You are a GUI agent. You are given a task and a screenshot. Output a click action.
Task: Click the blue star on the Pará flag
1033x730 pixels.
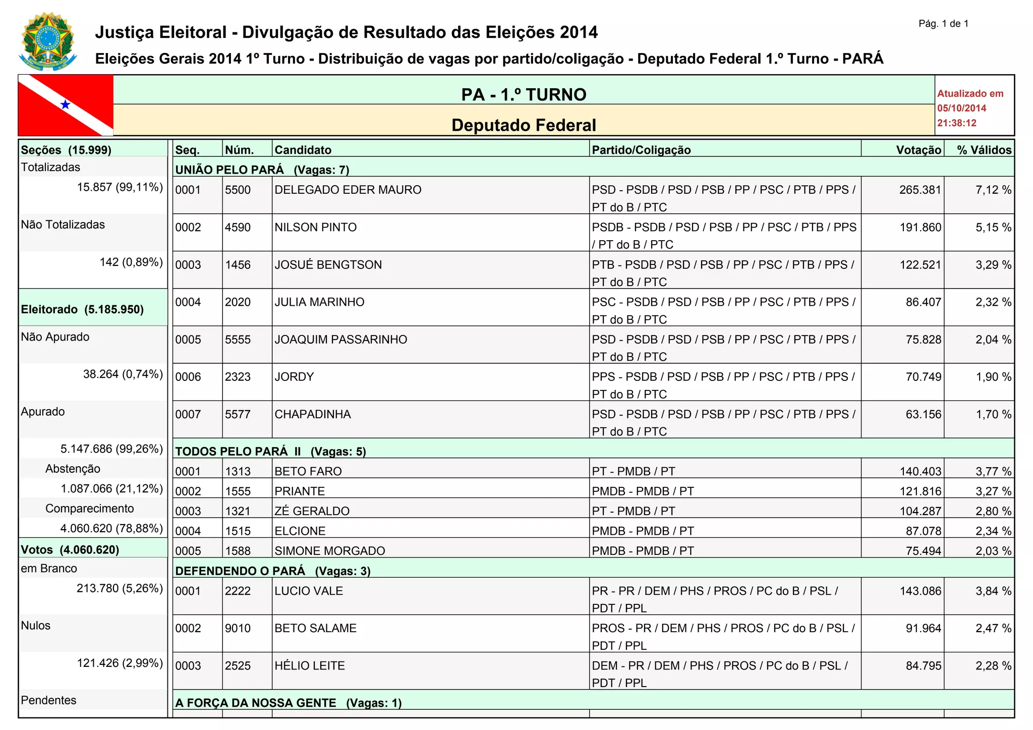coord(65,104)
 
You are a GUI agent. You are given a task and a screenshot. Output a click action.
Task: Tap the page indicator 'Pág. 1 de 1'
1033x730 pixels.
coord(943,24)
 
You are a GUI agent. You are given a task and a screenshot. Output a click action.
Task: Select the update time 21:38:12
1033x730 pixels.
coord(957,123)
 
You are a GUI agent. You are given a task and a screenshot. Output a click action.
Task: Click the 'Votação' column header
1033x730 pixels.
coord(919,150)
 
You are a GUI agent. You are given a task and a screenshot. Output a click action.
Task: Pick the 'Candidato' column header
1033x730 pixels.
coord(303,150)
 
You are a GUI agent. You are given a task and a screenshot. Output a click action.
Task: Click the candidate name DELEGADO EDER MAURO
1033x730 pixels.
coord(348,190)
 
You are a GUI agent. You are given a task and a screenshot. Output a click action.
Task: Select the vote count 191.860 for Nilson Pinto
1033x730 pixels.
coord(921,228)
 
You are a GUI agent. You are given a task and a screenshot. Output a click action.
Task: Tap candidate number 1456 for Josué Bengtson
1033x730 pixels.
coord(238,265)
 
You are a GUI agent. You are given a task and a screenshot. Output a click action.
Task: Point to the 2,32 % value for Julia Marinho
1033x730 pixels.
coord(993,302)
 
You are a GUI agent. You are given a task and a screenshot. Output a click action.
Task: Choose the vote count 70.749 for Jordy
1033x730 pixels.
coord(923,377)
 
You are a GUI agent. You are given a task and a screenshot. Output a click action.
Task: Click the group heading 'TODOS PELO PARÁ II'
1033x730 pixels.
coord(238,451)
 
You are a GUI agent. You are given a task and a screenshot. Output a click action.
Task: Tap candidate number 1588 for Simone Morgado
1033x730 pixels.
coord(238,551)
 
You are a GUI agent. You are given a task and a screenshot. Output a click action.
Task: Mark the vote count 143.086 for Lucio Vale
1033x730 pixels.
coord(921,591)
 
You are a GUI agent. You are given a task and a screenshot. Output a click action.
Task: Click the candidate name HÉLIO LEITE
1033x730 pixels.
coord(309,666)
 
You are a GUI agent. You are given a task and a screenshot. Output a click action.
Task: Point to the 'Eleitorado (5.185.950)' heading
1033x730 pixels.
coord(82,309)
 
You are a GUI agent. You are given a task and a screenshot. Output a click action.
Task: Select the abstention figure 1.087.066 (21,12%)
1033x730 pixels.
coord(111,489)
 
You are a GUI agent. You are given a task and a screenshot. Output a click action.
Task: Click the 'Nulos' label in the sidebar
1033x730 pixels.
coord(36,626)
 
